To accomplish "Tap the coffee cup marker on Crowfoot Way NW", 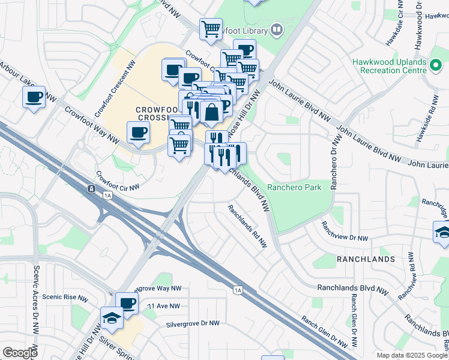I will pyautogui.click(x=138, y=132).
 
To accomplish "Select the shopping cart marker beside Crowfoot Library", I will pyautogui.click(x=211, y=28).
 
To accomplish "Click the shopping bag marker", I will pyautogui.click(x=212, y=112).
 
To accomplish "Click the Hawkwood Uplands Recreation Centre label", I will pyautogui.click(x=390, y=66).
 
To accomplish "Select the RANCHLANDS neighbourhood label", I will pyautogui.click(x=366, y=259).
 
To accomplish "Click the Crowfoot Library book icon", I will pyautogui.click(x=276, y=29).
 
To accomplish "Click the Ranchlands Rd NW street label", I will pyautogui.click(x=247, y=226).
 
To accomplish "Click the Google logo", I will pyautogui.click(x=20, y=353).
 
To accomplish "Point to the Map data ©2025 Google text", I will pyautogui.click(x=411, y=355).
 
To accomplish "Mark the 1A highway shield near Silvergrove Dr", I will pyautogui.click(x=238, y=290).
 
